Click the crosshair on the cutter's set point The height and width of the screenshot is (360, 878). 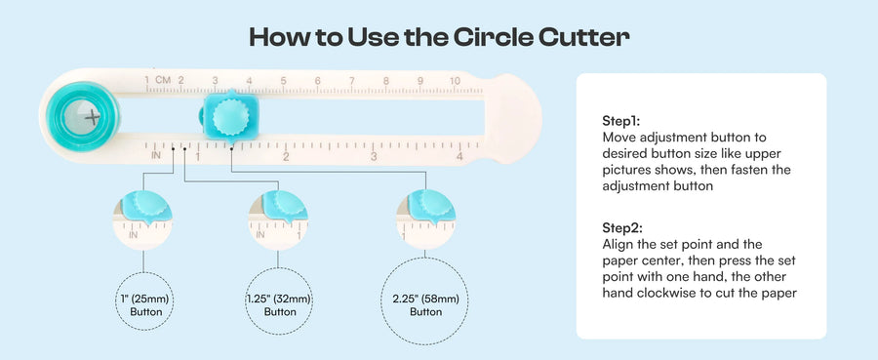(x=93, y=118)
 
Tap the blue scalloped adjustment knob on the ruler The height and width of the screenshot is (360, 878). (x=230, y=117)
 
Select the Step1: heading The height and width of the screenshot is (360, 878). (x=621, y=120)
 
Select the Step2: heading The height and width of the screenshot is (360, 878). (x=622, y=228)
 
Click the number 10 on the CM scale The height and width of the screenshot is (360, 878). (x=455, y=81)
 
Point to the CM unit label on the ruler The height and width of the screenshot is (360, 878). (x=163, y=80)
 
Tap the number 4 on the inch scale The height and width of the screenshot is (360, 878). (x=459, y=156)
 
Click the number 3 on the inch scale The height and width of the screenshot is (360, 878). (x=374, y=156)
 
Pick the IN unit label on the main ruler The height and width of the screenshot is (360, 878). (x=156, y=155)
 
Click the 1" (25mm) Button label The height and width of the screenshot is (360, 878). (x=144, y=305)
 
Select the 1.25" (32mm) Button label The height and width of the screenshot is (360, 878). (x=279, y=305)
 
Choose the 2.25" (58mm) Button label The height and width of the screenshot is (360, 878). (x=425, y=305)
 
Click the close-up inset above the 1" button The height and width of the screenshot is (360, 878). (x=142, y=220)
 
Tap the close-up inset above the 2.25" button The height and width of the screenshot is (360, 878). (x=425, y=220)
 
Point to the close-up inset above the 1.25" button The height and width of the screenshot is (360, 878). (x=278, y=220)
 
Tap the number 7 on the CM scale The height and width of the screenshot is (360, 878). (x=351, y=81)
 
